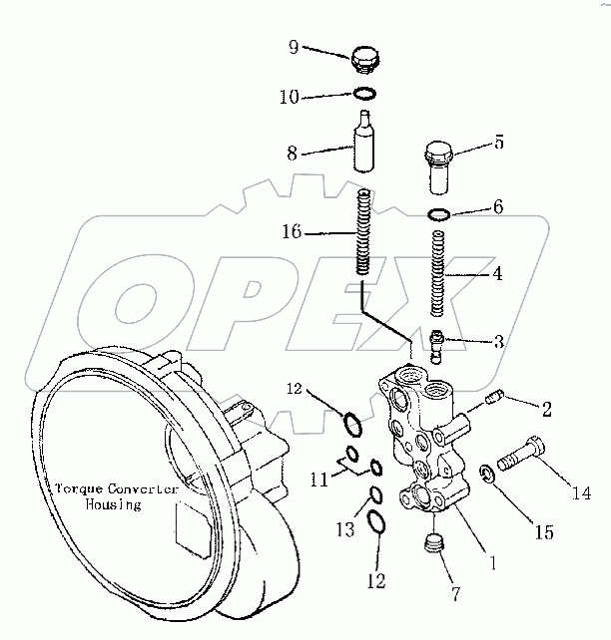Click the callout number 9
tap(294, 47)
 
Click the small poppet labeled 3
tap(436, 345)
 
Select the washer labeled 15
tap(483, 472)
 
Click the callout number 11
tap(317, 480)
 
